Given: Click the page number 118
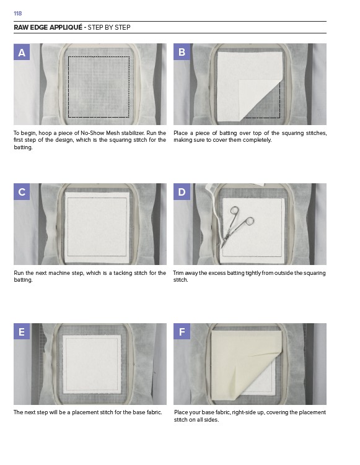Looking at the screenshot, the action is click(x=18, y=14).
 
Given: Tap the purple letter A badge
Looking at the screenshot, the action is click(x=22, y=52).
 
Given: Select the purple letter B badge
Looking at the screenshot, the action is click(x=182, y=52).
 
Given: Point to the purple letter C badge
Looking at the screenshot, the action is click(x=22, y=191).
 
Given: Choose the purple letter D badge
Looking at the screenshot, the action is click(x=182, y=191).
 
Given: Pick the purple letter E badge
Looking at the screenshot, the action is click(x=22, y=331).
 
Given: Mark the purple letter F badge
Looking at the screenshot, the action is click(x=182, y=331).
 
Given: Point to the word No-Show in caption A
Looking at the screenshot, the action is click(x=92, y=133).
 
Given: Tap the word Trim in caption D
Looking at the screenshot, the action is click(x=178, y=273).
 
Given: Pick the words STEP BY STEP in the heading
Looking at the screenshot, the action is click(x=109, y=27).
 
